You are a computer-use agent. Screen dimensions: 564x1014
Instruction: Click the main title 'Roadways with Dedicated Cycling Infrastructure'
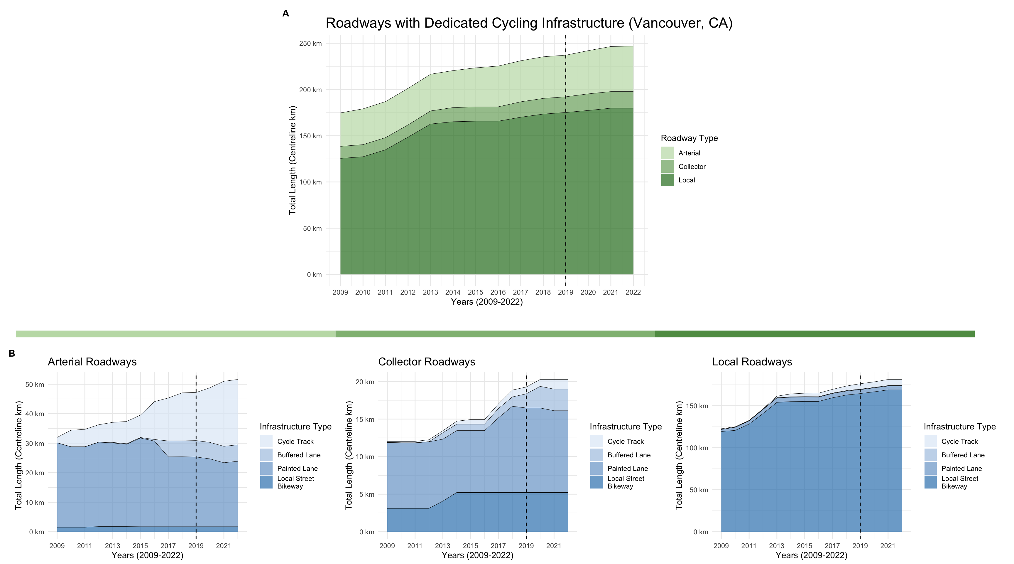pos(529,23)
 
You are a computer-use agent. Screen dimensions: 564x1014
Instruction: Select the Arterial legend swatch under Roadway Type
pos(667,153)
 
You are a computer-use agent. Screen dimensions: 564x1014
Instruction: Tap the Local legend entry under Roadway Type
pos(687,180)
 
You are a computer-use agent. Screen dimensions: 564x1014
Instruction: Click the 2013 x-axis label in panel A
pos(430,292)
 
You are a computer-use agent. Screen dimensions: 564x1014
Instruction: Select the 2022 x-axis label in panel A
pos(633,292)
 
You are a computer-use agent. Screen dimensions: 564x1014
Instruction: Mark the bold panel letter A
pos(286,14)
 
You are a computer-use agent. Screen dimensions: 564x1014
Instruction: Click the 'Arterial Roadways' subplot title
pos(92,362)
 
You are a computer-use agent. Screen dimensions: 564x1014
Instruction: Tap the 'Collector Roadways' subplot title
pos(426,362)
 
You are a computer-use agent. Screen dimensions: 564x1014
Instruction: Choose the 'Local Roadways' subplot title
pos(752,362)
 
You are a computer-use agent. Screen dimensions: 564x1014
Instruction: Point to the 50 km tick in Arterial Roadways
pos(35,384)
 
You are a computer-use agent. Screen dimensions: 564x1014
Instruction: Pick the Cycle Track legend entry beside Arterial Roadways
pos(295,442)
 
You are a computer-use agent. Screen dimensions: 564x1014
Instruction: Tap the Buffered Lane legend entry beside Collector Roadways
pos(629,455)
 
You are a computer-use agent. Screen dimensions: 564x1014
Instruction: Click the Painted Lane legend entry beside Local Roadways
pos(961,468)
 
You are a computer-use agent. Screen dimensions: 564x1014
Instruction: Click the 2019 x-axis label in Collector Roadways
pos(526,546)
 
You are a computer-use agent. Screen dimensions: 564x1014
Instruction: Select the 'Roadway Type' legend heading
pos(689,138)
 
